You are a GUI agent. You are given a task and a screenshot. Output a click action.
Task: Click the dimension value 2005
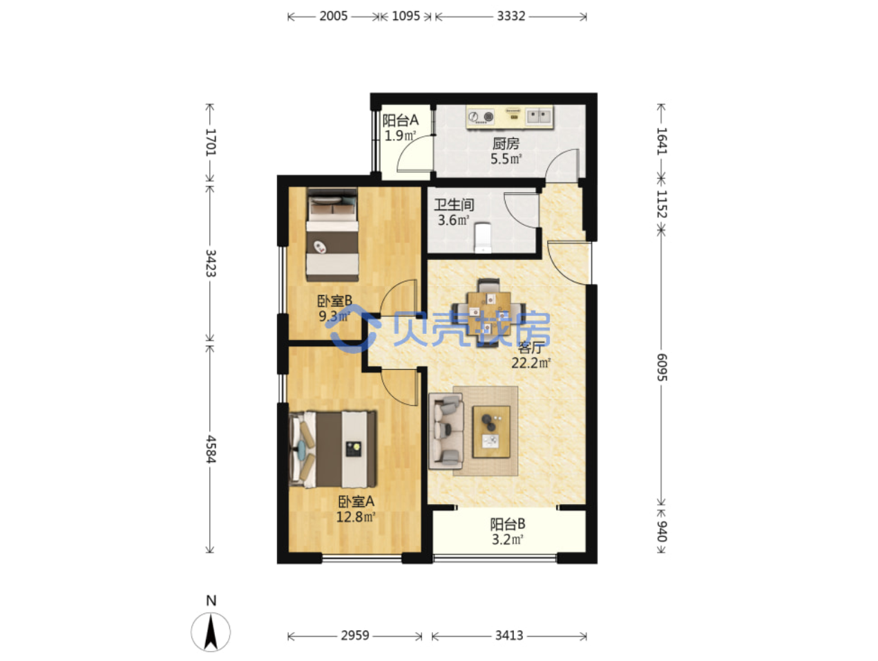click(333, 16)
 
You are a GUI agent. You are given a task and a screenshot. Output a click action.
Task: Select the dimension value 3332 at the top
click(510, 16)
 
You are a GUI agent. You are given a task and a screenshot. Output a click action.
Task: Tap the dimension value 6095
click(662, 367)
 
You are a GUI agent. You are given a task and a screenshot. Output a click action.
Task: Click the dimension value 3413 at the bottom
click(509, 635)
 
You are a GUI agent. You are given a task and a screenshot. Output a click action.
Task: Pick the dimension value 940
click(662, 531)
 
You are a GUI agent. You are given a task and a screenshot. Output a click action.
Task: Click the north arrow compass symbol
click(211, 632)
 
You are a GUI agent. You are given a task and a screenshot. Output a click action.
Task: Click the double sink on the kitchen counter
click(539, 117)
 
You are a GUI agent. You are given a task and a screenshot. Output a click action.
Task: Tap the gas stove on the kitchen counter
click(481, 117)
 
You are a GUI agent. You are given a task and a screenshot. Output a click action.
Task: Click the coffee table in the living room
click(491, 432)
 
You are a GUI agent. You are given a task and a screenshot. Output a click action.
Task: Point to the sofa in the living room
click(446, 431)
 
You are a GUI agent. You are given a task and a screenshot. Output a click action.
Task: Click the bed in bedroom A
click(332, 449)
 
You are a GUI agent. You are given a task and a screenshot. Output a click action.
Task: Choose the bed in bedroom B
click(332, 234)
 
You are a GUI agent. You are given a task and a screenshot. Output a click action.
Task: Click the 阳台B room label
click(508, 523)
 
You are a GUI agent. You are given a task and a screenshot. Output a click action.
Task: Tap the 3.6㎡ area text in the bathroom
click(453, 220)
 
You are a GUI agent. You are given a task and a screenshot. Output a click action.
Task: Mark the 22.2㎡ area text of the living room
click(531, 363)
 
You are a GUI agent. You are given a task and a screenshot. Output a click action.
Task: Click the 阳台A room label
click(401, 120)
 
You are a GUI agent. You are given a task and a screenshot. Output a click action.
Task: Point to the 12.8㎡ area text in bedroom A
click(356, 516)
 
